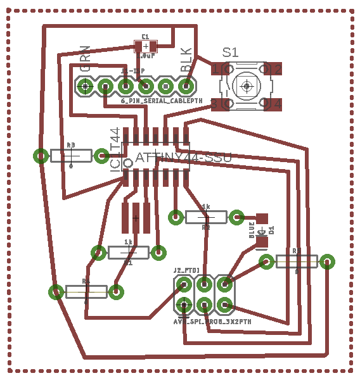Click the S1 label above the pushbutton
click(230, 53)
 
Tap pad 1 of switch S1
click(219, 68)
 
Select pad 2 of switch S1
click(273, 68)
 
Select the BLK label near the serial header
click(186, 60)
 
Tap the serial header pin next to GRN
click(85, 85)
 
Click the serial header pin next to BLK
click(186, 85)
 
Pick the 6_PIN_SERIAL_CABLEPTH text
click(162, 100)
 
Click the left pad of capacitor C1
click(139, 46)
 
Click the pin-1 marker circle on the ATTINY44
click(127, 163)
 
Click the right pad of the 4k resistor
click(236, 217)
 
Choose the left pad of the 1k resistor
click(98, 253)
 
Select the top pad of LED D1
click(262, 218)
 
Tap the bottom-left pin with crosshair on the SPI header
click(184, 305)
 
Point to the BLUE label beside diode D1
click(252, 230)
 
